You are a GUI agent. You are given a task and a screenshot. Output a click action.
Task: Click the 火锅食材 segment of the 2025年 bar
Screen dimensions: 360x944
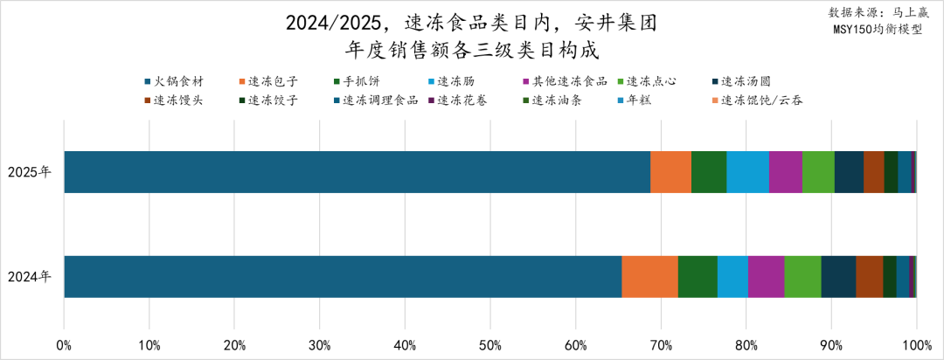click(357, 171)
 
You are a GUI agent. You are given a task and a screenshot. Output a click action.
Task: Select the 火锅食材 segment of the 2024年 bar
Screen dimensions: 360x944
click(343, 277)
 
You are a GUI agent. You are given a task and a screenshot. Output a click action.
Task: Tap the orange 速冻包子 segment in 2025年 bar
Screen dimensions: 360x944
click(670, 171)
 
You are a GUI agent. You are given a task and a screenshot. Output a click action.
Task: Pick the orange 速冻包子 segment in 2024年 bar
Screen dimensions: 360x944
click(649, 277)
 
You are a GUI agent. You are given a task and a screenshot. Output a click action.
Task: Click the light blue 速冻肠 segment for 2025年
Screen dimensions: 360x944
click(747, 171)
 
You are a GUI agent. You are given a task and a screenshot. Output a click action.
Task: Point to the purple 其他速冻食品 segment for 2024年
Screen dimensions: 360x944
click(766, 277)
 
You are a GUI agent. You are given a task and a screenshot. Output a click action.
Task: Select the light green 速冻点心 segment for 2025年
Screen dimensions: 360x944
click(818, 171)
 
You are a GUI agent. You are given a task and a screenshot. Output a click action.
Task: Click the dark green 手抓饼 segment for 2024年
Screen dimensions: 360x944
click(698, 277)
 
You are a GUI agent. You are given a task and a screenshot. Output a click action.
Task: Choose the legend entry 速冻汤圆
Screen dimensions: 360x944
click(746, 81)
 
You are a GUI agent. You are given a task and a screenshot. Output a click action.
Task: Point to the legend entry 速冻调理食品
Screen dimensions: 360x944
click(380, 100)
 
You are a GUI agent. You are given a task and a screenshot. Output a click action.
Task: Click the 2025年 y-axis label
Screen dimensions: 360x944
click(30, 172)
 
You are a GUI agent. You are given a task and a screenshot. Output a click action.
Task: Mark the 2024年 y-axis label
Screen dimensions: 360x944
click(30, 277)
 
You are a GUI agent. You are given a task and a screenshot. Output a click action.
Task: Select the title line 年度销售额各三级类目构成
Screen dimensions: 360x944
click(472, 49)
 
